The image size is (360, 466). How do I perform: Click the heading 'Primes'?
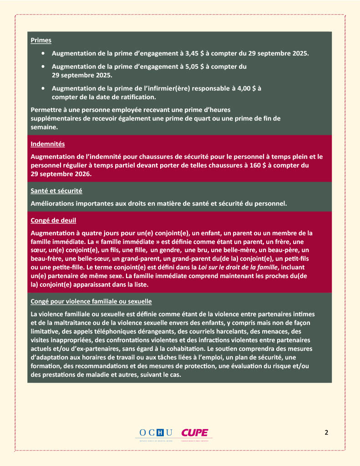tap(41, 41)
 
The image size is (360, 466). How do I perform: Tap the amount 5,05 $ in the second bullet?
tap(196, 67)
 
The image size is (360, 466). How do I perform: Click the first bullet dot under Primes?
tap(43, 53)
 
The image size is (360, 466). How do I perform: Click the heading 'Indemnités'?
tap(47, 144)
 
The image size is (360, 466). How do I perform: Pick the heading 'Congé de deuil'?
tap(50, 221)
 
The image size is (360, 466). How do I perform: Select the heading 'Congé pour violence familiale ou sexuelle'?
tap(91, 302)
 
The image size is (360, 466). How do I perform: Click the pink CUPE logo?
tap(194, 433)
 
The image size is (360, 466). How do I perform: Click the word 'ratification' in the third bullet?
tap(136, 96)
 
